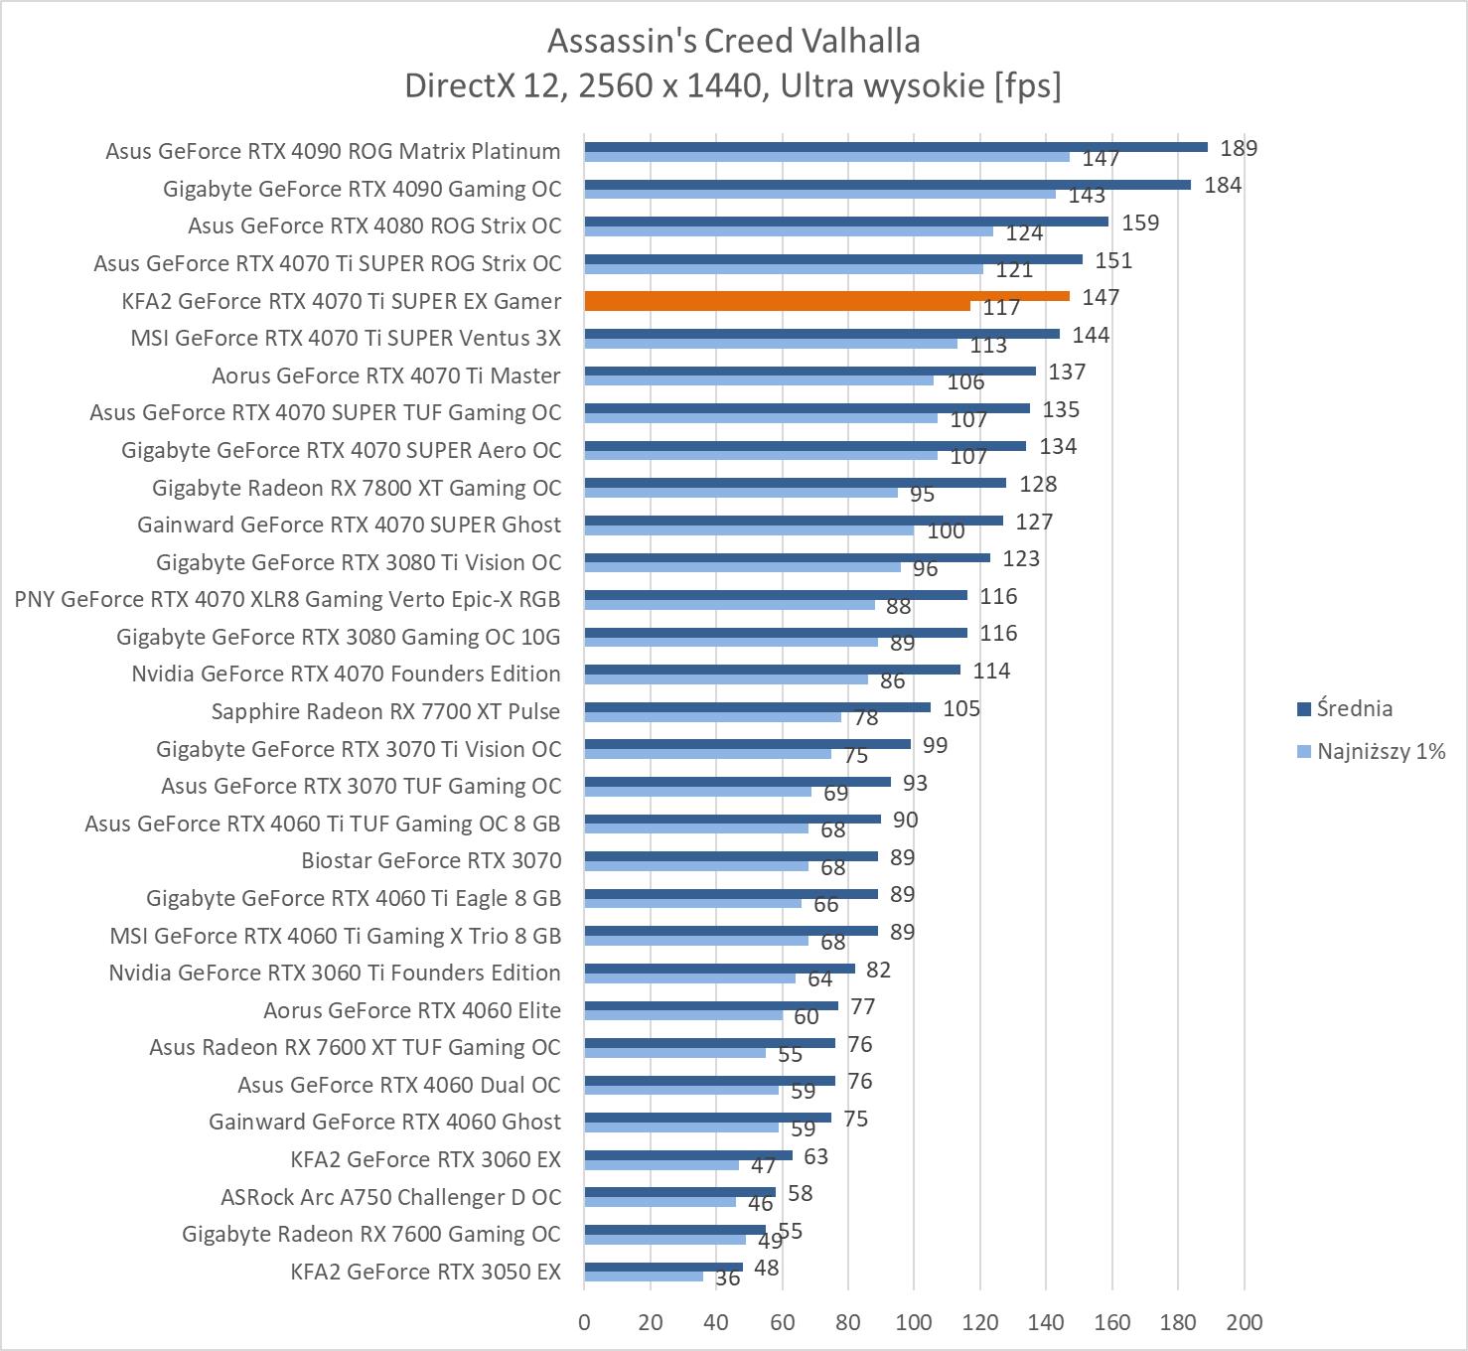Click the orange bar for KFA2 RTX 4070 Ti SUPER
(826, 296)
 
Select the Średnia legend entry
(1354, 708)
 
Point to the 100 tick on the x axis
(914, 1322)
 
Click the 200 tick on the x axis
(1244, 1322)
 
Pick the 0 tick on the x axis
(584, 1322)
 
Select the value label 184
(1223, 186)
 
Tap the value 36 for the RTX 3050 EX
(728, 1278)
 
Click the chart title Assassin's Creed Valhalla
(733, 41)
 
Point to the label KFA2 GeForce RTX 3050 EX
(425, 1272)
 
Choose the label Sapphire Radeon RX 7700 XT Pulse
(385, 711)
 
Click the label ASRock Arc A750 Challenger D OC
(390, 1197)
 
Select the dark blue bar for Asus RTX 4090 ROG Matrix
(895, 147)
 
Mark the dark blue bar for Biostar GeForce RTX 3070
(731, 856)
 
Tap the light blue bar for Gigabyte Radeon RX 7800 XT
(741, 493)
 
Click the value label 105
(960, 708)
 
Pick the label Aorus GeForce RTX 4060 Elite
(411, 1010)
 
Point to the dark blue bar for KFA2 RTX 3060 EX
(688, 1155)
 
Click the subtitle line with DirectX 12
(733, 85)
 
